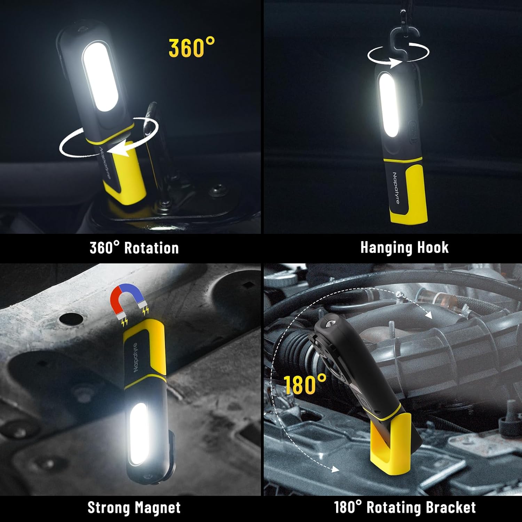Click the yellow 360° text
coord(192,48)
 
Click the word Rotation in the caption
coord(151,248)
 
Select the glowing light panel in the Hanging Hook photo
coord(389,106)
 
